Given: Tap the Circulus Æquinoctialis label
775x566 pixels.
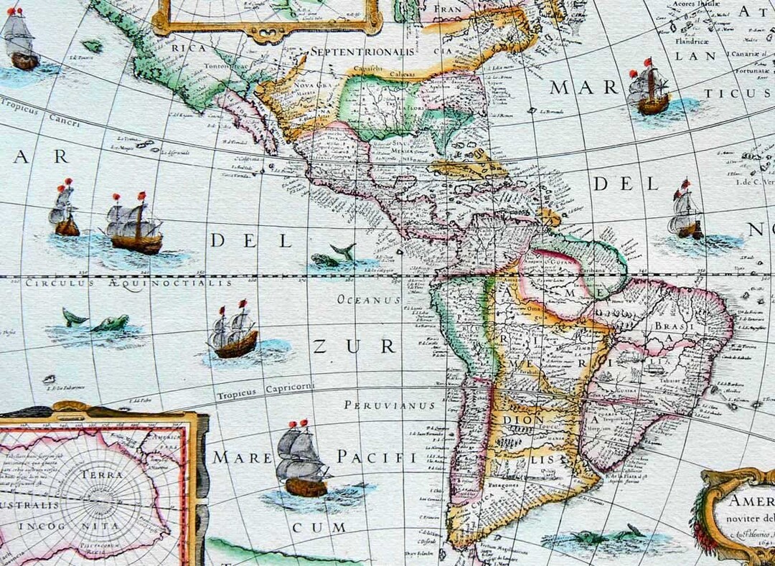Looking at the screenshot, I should tap(129, 283).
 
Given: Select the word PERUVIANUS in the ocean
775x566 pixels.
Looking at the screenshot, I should tap(390, 405).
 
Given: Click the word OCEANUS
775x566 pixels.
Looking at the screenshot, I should tap(369, 300).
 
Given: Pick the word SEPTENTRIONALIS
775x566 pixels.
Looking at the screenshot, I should tap(363, 52).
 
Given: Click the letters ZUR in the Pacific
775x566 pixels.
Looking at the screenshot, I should tap(354, 347).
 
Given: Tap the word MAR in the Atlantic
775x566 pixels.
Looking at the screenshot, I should tap(584, 88).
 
